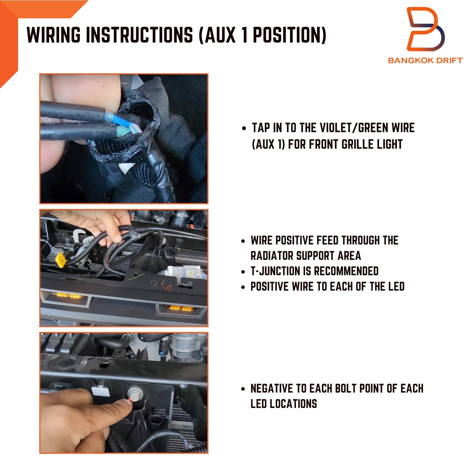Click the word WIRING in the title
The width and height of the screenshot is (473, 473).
pyautogui.click(x=53, y=35)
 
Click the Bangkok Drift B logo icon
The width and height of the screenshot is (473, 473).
pyautogui.click(x=426, y=29)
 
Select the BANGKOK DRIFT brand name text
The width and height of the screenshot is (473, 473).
pyautogui.click(x=425, y=60)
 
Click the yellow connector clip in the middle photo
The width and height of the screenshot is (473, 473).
pyautogui.click(x=61, y=260)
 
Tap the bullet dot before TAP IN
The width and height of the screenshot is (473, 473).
pyautogui.click(x=244, y=128)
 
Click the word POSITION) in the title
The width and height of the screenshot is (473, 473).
pyautogui.click(x=289, y=35)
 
